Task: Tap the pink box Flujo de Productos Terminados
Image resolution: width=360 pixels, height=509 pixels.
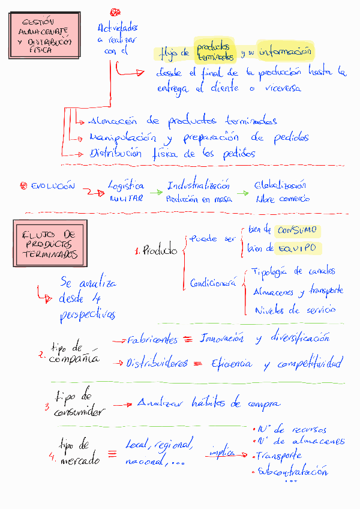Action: click(50, 243)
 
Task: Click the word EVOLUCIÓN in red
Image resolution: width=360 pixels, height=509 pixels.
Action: click(53, 186)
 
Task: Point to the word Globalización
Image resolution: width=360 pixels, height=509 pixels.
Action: click(280, 185)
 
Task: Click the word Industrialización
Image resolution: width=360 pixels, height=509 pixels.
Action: click(198, 185)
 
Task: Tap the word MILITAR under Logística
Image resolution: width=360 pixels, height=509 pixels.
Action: click(126, 199)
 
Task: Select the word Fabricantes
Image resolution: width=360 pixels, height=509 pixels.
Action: click(152, 340)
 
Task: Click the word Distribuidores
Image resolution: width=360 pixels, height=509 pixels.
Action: click(156, 363)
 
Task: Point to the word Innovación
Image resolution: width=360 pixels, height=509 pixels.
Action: click(221, 339)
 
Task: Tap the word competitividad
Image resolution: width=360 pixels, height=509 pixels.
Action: click(310, 363)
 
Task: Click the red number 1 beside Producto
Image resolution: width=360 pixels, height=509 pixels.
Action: click(137, 251)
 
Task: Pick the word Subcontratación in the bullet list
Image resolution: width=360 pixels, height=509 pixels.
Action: click(293, 471)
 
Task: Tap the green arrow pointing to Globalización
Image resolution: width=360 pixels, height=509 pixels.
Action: click(242, 193)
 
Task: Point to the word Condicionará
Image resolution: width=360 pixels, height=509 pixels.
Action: click(212, 282)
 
